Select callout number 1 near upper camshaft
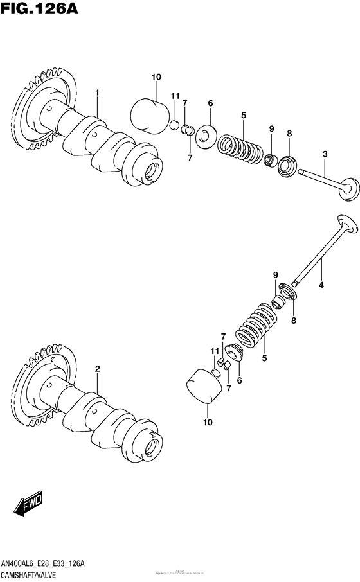click(98, 93)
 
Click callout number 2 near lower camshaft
click(98, 369)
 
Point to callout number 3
click(325, 154)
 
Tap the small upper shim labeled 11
click(174, 123)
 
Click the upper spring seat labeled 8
click(287, 166)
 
